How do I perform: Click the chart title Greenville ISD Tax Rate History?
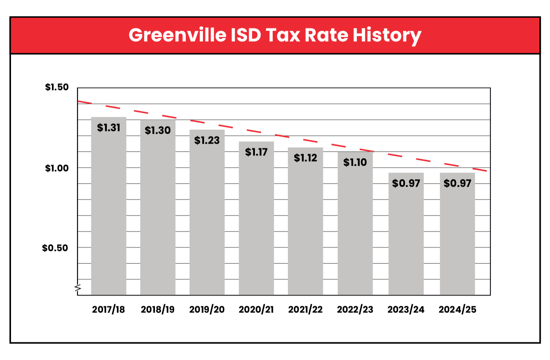click(275, 35)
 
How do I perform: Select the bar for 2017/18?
click(109, 213)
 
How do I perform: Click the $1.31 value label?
click(109, 128)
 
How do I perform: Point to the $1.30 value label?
click(158, 130)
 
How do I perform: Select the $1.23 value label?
click(207, 140)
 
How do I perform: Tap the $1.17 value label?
click(256, 152)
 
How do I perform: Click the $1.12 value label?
click(305, 158)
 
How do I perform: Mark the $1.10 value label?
click(355, 162)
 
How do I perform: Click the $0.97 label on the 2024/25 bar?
click(457, 183)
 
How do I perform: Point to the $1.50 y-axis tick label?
click(57, 87)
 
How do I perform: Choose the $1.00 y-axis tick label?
click(57, 168)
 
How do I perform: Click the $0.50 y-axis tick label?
click(55, 248)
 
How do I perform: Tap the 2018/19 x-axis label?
click(158, 309)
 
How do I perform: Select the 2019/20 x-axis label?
click(207, 309)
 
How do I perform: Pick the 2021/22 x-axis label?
click(305, 309)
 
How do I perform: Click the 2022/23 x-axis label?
click(355, 309)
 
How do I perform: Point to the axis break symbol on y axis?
click(78, 288)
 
